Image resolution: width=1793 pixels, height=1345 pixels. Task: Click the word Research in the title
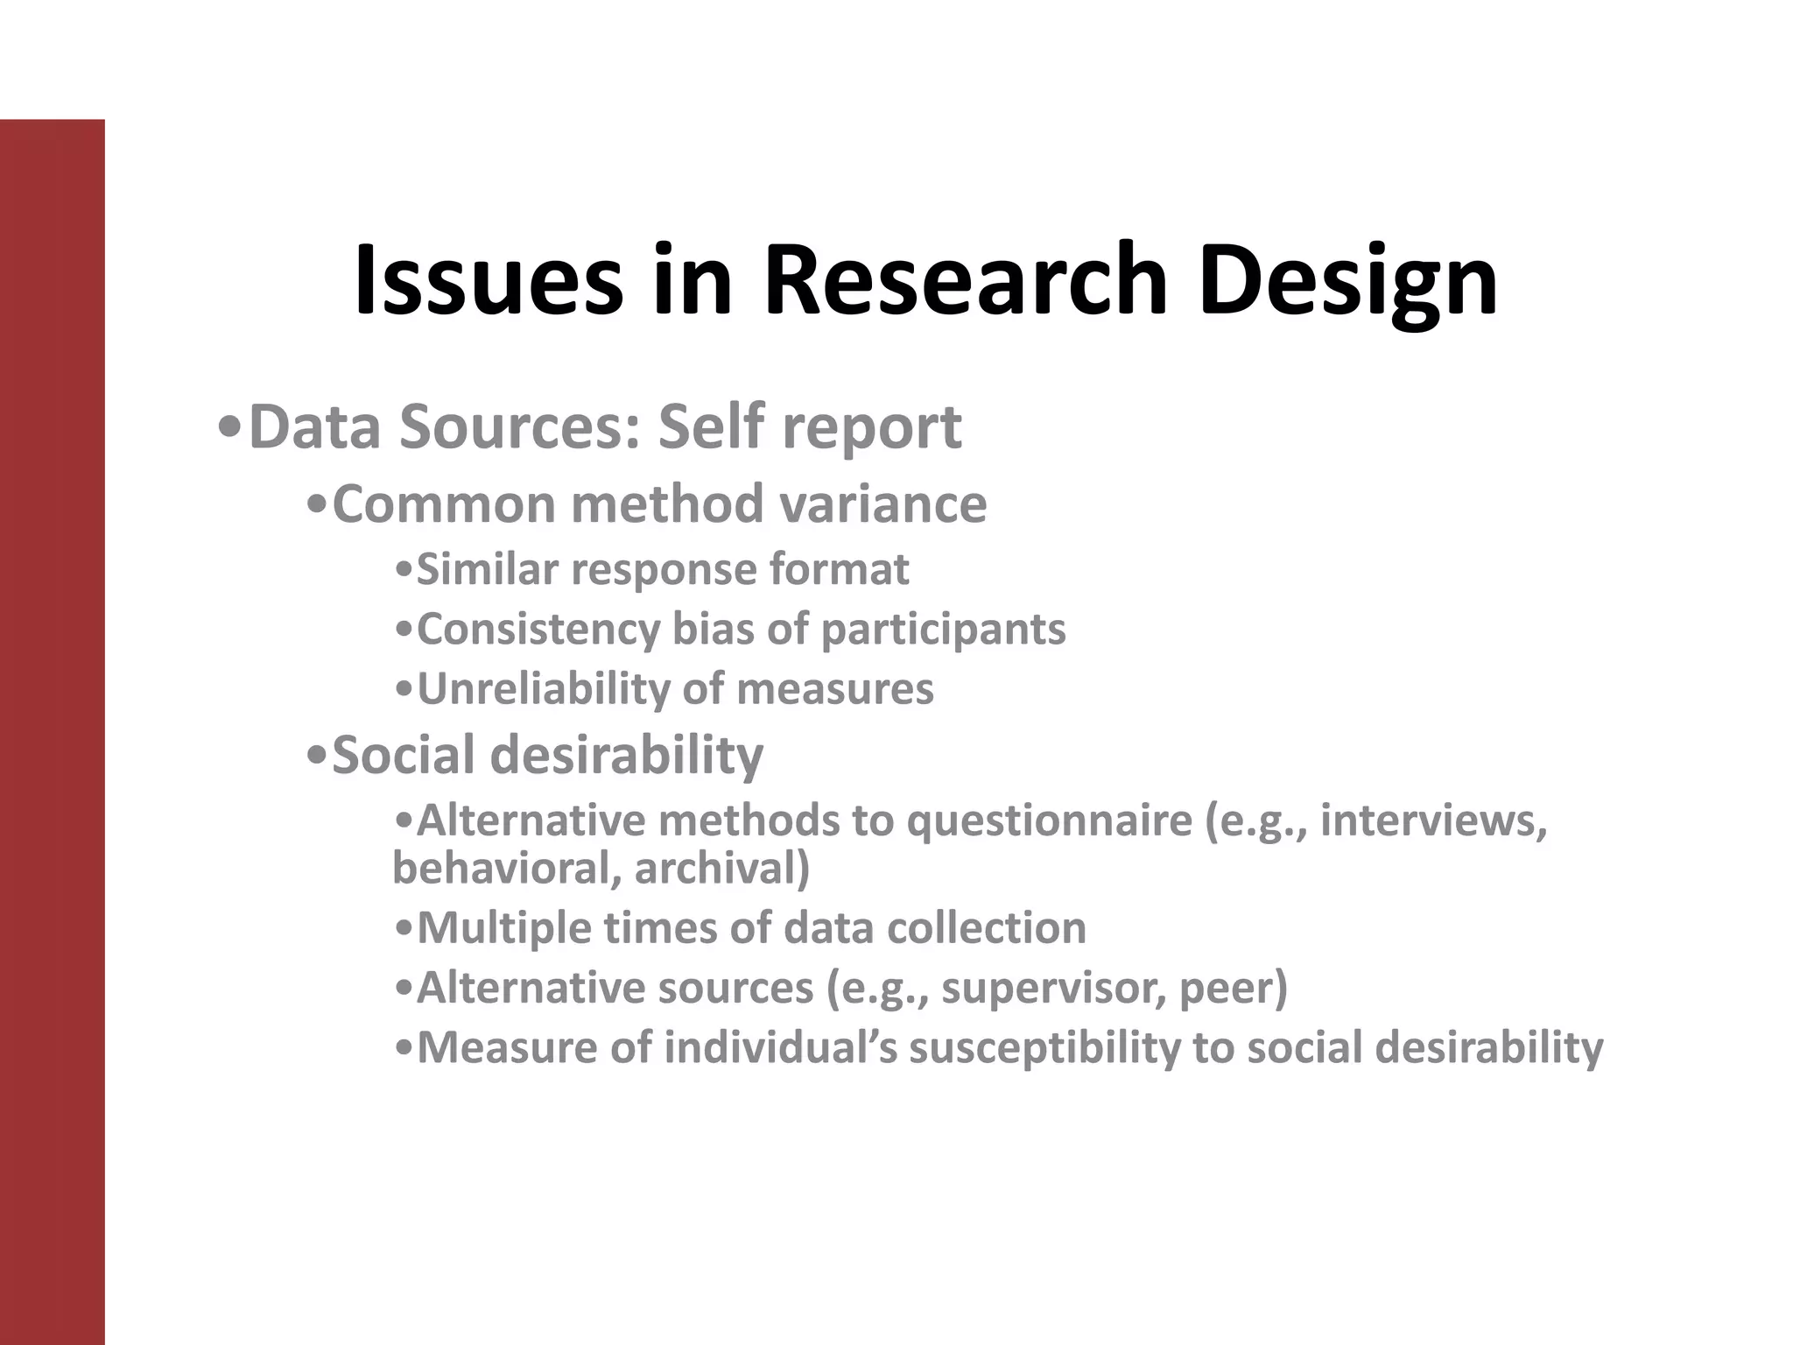coord(965,280)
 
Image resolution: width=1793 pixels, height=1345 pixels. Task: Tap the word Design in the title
coord(1347,280)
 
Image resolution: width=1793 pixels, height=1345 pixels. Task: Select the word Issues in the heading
coord(489,280)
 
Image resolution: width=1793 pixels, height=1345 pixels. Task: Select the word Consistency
coord(538,629)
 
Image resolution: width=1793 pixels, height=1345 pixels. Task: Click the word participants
coord(944,629)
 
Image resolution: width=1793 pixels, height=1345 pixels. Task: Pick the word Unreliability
coord(542,688)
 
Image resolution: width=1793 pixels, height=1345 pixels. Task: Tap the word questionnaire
coord(1049,821)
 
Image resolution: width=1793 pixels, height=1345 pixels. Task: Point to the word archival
coord(721,869)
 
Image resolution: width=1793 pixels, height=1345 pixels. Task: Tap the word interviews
coord(1433,821)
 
